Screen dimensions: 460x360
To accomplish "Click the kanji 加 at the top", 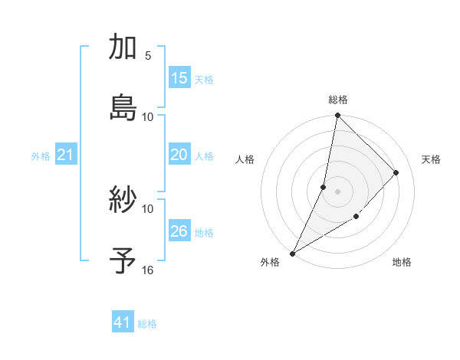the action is (x=123, y=47).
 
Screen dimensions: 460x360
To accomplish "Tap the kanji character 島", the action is (x=123, y=108).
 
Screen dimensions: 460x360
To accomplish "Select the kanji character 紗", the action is (x=123, y=201).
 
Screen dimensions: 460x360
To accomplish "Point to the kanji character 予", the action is (x=123, y=261).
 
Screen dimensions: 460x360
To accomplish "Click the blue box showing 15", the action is (x=179, y=78).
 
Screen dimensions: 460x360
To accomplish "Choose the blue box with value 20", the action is (x=179, y=155).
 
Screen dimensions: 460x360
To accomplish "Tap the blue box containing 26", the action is (x=179, y=231).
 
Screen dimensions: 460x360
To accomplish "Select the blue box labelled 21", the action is (x=66, y=155).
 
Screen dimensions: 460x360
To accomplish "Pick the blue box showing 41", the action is (x=123, y=322).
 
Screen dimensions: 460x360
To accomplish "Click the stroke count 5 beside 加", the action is (x=148, y=56).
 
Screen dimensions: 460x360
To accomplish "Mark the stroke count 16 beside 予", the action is (x=148, y=270).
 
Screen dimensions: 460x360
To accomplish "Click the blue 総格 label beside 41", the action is (x=147, y=324).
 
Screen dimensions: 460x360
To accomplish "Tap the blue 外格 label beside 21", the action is (x=41, y=156).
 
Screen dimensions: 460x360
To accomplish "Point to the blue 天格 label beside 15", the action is (x=204, y=80).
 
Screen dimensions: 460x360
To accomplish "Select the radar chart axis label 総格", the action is (x=338, y=100).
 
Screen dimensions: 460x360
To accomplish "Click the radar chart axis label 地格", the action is (x=402, y=263).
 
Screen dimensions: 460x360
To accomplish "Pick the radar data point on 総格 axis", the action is (x=337, y=116).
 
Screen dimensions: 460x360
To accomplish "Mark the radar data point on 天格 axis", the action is (x=396, y=172).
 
